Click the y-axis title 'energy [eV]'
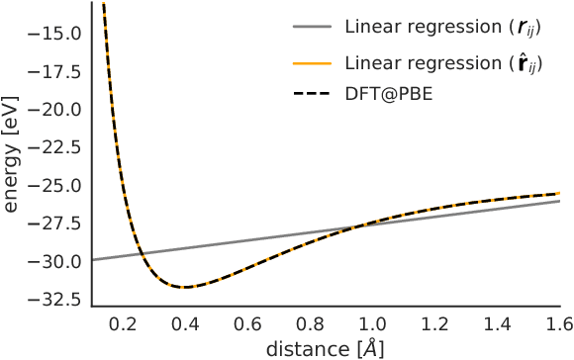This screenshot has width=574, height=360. point(13,159)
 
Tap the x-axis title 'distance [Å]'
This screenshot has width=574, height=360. point(325,348)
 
